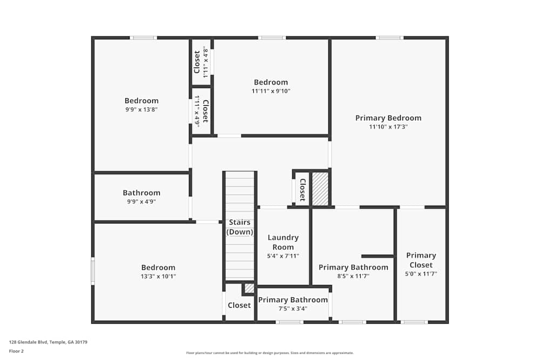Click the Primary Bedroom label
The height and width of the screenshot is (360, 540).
[388, 118]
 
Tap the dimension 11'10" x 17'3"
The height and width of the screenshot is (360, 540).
[388, 127]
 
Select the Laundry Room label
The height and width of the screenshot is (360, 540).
[283, 242]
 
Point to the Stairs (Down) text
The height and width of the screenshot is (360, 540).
[240, 227]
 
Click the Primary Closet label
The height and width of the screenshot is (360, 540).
[421, 260]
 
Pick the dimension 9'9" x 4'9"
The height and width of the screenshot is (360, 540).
[141, 202]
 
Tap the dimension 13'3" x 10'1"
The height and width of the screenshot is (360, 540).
[158, 276]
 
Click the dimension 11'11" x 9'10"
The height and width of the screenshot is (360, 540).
[271, 91]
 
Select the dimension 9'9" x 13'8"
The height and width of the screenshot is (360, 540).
[141, 110]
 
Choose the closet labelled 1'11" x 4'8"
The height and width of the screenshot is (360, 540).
[201, 62]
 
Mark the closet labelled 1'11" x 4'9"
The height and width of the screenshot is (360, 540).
[201, 111]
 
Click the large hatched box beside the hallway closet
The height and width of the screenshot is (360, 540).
[320, 189]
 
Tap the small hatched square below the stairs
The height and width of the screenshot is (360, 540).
[249, 288]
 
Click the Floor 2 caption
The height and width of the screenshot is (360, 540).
[16, 351]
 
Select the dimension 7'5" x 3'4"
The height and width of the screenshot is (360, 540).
[293, 309]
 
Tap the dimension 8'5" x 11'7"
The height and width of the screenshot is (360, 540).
[353, 276]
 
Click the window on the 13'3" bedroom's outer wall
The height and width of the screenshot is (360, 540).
[93, 271]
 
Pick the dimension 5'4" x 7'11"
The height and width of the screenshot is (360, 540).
[283, 256]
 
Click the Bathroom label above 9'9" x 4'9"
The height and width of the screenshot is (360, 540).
[141, 193]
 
